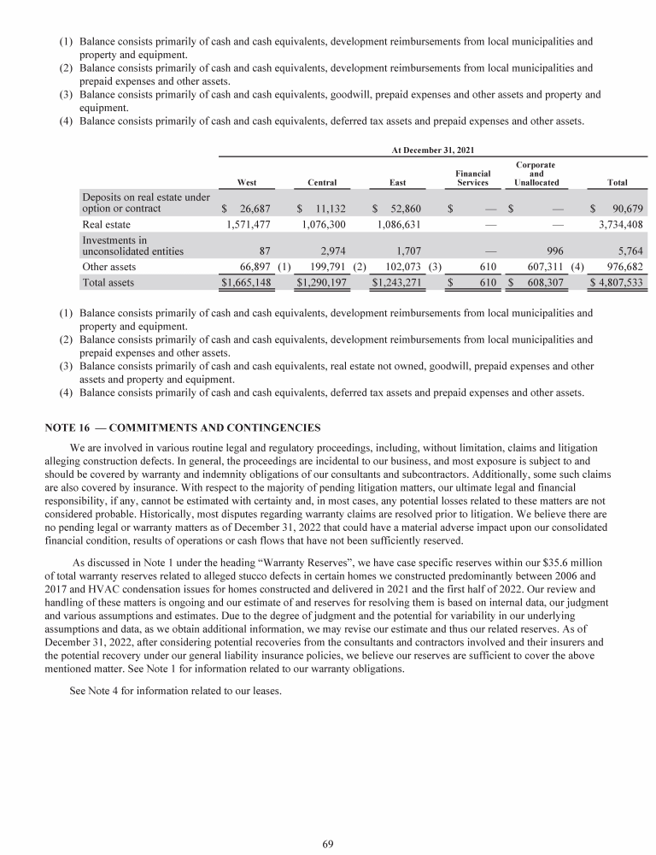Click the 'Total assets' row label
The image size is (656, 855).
click(x=108, y=281)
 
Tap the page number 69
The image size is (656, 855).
click(x=328, y=845)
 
